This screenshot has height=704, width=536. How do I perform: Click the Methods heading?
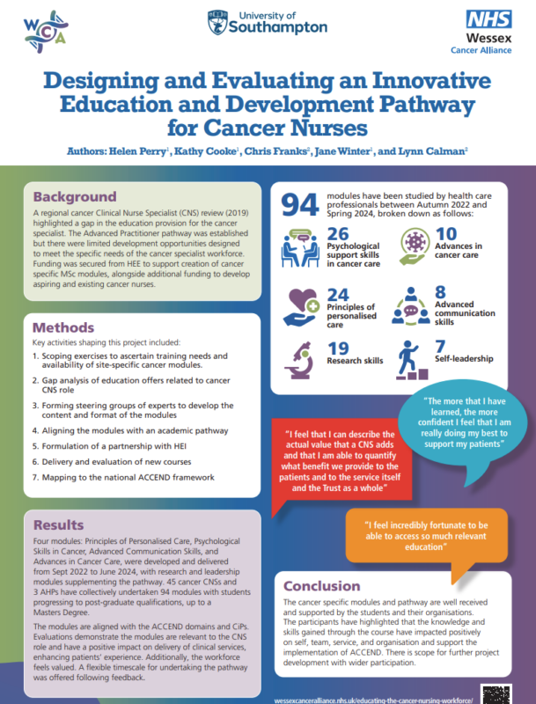63,327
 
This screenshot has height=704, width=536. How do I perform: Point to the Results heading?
58,525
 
